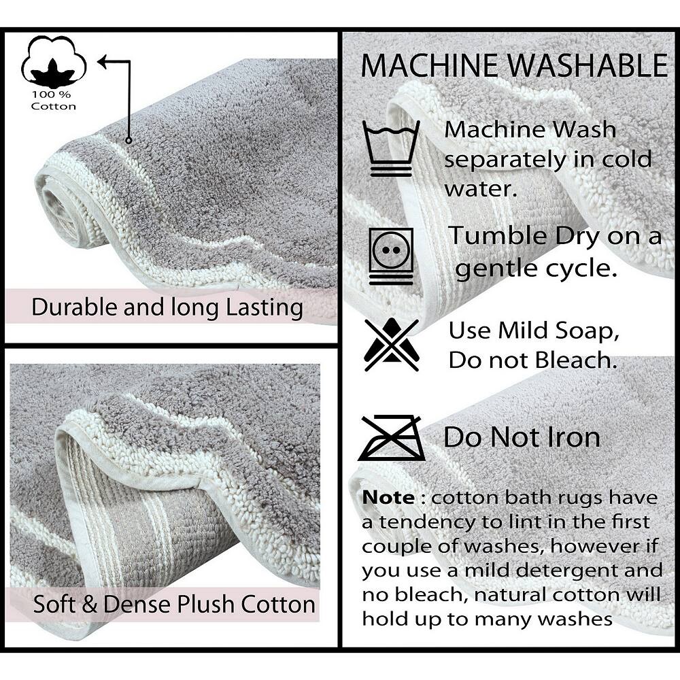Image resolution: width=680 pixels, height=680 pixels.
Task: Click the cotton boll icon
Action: point(54,61)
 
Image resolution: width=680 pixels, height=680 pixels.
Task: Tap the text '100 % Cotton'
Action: point(53,101)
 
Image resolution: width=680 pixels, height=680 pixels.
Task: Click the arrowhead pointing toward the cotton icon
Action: point(103,62)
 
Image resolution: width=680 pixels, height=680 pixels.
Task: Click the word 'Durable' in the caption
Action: point(75,307)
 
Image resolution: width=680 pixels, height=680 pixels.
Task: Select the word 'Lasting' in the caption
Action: point(264,308)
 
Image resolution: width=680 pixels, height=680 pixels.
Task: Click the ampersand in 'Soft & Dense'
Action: point(89,605)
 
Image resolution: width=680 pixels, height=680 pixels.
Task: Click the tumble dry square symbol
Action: point(391,256)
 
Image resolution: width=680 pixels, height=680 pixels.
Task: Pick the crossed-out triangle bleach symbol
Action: point(392,344)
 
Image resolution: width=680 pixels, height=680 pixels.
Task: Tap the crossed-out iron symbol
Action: point(391,438)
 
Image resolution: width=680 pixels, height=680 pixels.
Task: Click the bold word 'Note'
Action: point(388,498)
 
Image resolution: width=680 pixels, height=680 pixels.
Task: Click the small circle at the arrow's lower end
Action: point(129,141)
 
